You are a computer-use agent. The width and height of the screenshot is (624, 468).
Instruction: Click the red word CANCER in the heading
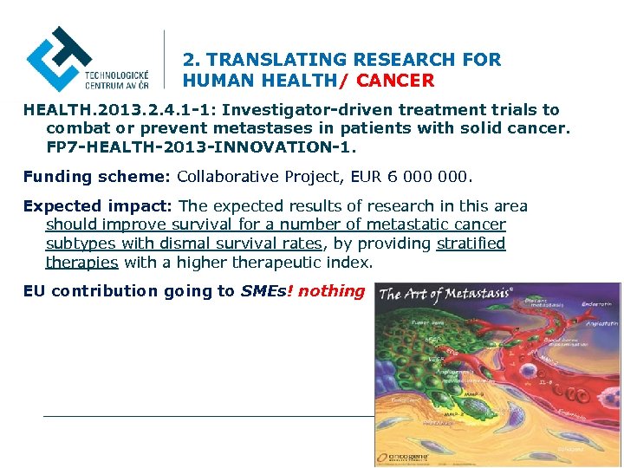coord(395,81)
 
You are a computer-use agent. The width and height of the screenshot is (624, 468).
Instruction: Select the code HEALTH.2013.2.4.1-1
coord(120,110)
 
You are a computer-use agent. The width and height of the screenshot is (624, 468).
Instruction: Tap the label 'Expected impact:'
coord(98,206)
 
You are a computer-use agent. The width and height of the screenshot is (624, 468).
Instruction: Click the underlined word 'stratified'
coord(471,244)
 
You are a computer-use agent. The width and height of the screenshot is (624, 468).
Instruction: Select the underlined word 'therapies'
coord(82,263)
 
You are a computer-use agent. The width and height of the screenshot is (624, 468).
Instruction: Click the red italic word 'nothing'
coord(331,291)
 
